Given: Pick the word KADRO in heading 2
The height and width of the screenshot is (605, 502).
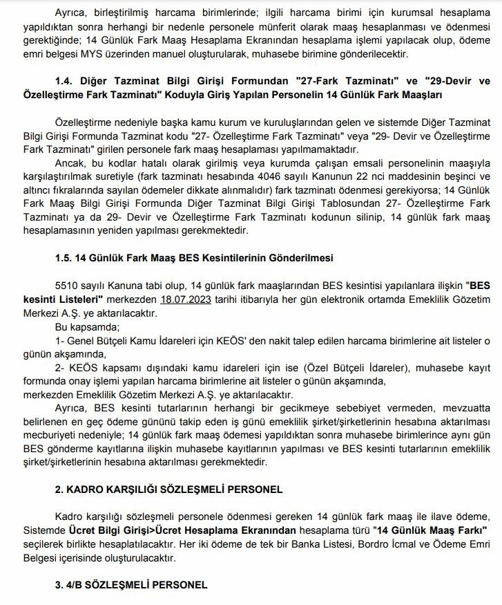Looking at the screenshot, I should pyautogui.click(x=85, y=490).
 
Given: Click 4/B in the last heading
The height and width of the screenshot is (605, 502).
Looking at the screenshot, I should pyautogui.click(x=75, y=585).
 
